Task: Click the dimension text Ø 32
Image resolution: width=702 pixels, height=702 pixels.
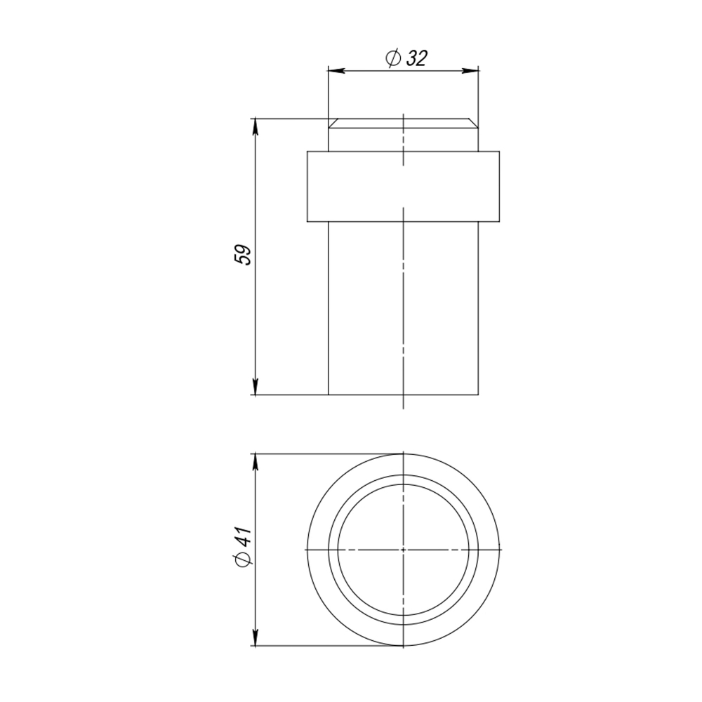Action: [x=406, y=59]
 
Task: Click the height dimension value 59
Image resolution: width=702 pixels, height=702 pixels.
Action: [x=243, y=254]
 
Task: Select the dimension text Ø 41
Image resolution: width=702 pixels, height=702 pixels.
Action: [x=243, y=548]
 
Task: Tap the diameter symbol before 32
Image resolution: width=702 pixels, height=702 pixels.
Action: [x=392, y=59]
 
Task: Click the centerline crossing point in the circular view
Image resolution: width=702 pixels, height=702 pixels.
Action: [x=404, y=548]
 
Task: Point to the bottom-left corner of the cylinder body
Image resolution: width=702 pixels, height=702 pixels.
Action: [x=329, y=395]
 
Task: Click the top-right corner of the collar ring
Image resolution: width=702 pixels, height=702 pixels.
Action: [x=499, y=151]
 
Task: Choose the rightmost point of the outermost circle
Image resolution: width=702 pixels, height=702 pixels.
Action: [x=501, y=548]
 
